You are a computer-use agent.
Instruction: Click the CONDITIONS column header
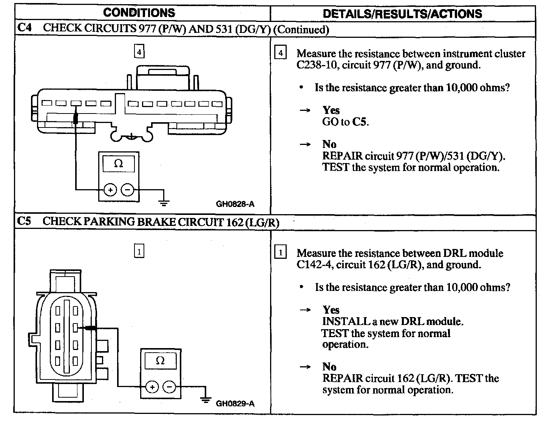pyautogui.click(x=139, y=13)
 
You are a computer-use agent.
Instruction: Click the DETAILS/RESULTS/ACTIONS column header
pyautogui.click(x=402, y=14)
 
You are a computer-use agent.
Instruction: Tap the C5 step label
pyautogui.click(x=24, y=221)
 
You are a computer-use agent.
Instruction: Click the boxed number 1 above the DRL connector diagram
pyautogui.click(x=139, y=251)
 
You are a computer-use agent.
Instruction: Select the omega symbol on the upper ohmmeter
pyautogui.click(x=119, y=164)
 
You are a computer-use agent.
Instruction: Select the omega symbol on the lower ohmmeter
pyautogui.click(x=160, y=361)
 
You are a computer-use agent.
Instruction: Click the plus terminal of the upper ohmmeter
pyautogui.click(x=110, y=190)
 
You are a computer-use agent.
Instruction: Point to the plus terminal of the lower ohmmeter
pyautogui.click(x=152, y=387)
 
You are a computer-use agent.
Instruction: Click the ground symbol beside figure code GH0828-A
pyautogui.click(x=164, y=202)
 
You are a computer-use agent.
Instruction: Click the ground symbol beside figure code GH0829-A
pyautogui.click(x=205, y=399)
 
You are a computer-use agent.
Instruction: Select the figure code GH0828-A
pyautogui.click(x=235, y=204)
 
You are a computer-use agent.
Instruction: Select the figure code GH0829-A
pyautogui.click(x=235, y=404)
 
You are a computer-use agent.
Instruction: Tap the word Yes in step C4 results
pyautogui.click(x=331, y=110)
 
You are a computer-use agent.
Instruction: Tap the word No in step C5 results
pyautogui.click(x=329, y=367)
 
